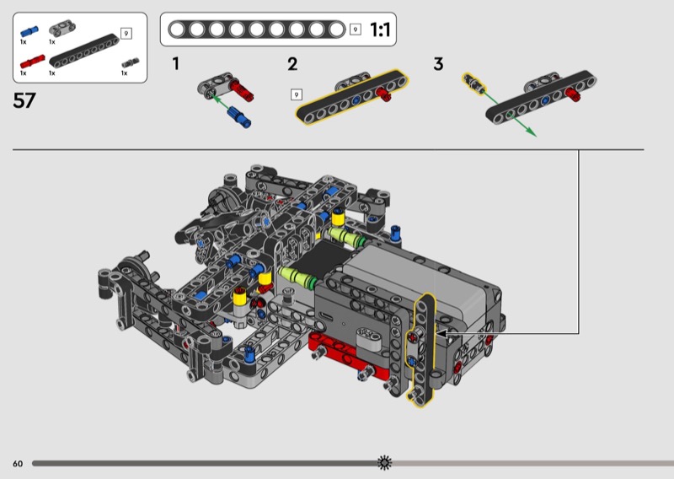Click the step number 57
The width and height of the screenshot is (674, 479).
click(24, 100)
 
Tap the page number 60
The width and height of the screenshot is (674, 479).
click(18, 464)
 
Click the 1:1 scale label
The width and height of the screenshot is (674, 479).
click(380, 30)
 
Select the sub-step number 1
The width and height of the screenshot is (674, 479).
click(175, 64)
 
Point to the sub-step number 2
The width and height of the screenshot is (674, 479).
click(292, 64)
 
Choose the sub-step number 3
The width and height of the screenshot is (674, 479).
click(438, 64)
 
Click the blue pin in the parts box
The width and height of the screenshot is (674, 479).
click(29, 31)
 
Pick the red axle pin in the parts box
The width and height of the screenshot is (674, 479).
click(32, 62)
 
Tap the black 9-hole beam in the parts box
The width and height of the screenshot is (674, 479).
click(83, 51)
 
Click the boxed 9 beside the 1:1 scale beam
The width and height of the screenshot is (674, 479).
click(355, 30)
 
